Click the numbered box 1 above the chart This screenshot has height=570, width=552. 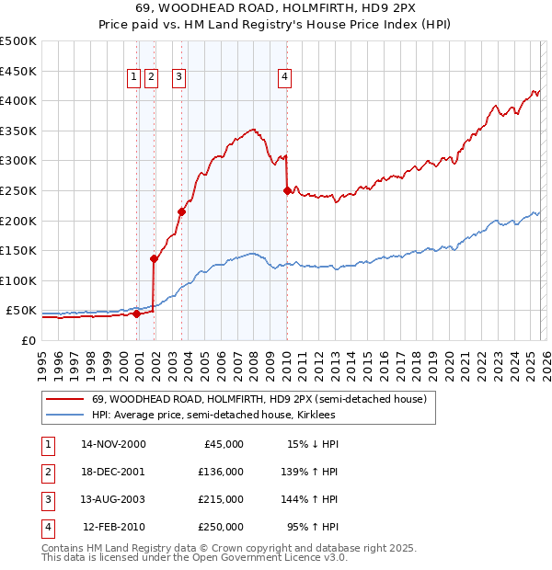134,78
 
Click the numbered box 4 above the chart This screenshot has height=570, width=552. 285,78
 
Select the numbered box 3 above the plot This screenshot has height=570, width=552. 178,78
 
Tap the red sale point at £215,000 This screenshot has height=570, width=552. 181,212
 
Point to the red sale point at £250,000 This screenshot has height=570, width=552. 287,191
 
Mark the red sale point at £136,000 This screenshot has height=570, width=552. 154,259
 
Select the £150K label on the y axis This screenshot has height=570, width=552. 18,250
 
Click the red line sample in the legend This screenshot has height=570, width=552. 65,400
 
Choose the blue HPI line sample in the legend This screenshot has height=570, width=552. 65,416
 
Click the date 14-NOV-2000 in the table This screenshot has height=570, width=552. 113,444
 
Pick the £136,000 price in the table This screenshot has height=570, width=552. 221,472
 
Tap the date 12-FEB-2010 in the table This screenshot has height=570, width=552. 114,527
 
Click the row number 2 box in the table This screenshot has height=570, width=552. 45,472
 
